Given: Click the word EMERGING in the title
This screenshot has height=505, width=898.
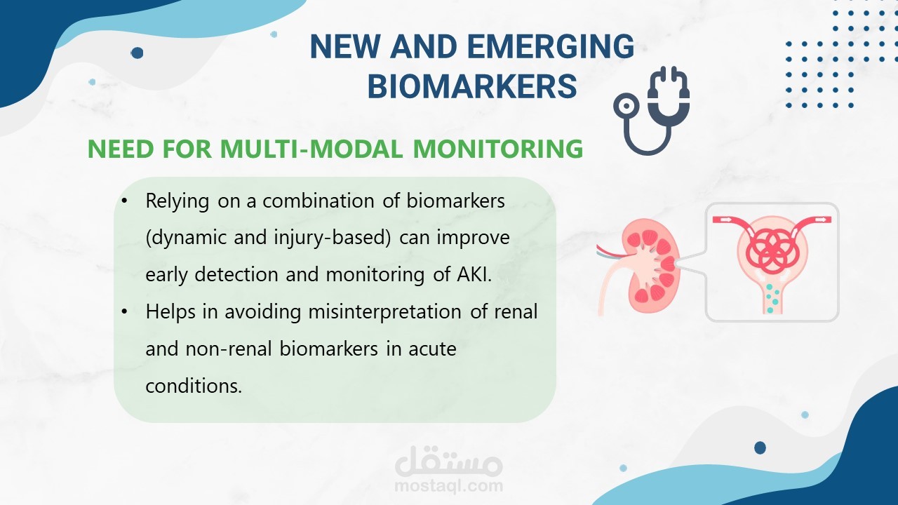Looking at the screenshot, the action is click(551, 46).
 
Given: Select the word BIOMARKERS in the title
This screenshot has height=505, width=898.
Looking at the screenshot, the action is click(472, 86).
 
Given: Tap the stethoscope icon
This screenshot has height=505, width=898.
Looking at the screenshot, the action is click(652, 111).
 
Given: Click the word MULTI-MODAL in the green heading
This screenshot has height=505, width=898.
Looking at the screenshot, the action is click(311, 149).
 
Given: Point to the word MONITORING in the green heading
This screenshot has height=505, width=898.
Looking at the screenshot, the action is click(498, 149).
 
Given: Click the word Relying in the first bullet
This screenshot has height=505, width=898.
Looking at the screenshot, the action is click(177, 201).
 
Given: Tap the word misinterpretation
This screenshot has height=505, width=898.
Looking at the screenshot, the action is click(384, 312).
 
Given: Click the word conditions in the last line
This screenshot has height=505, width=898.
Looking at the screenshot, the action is click(194, 386).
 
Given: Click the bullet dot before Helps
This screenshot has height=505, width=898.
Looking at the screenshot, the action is click(125, 311).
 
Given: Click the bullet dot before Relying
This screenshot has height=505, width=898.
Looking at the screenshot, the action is click(125, 201).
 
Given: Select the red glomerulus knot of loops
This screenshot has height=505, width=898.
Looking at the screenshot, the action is click(771, 250).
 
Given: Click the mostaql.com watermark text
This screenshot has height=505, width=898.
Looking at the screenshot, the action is click(448, 486).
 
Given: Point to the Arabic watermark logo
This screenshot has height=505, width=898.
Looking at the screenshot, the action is click(448, 461).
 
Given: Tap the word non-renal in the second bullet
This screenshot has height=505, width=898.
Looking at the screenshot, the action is click(229, 349).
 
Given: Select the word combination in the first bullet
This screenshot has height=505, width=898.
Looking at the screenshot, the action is click(319, 201).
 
